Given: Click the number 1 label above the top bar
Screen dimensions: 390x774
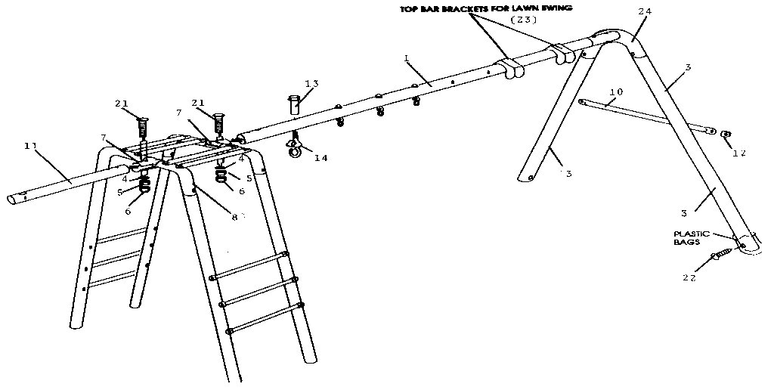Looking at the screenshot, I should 406,57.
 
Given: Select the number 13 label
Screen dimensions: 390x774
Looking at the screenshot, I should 311,83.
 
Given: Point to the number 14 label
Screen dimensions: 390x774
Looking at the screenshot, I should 321,158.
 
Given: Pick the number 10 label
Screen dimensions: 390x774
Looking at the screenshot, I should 616,92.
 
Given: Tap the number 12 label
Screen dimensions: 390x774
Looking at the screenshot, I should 738,152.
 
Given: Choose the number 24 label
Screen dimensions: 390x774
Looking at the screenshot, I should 644,11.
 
